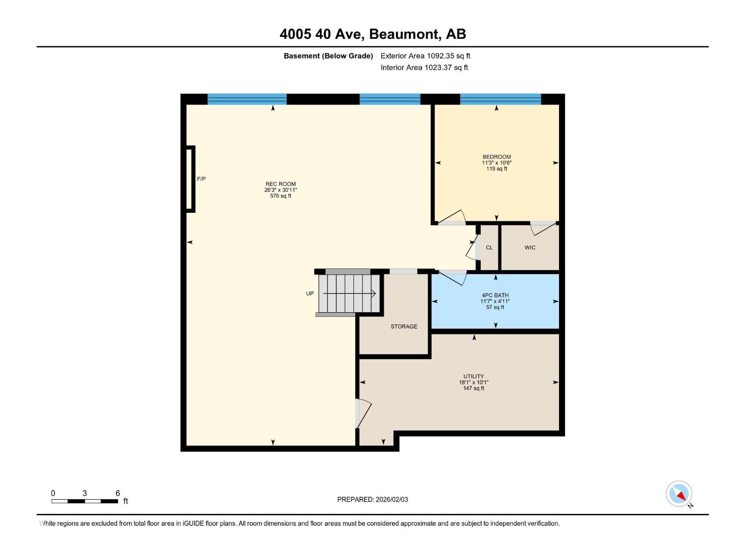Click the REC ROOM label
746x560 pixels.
click(x=281, y=184)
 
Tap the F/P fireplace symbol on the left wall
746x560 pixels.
click(x=190, y=179)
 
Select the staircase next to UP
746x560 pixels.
click(x=348, y=294)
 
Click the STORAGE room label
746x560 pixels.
click(x=404, y=327)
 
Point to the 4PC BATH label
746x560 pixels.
click(x=495, y=295)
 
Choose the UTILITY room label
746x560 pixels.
click(x=473, y=376)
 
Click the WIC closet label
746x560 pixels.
click(x=530, y=247)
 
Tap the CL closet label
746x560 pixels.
click(x=489, y=248)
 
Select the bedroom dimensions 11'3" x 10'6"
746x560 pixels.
click(x=497, y=163)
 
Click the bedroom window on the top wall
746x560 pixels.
click(x=500, y=99)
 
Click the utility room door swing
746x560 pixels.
click(x=363, y=413)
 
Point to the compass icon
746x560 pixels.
click(x=679, y=494)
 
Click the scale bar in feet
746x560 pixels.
click(x=85, y=501)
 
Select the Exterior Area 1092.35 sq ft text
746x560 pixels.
click(x=425, y=56)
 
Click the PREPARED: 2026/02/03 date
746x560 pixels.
click(x=373, y=499)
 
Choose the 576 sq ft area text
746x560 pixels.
click(x=281, y=196)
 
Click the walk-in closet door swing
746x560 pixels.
click(x=544, y=229)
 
